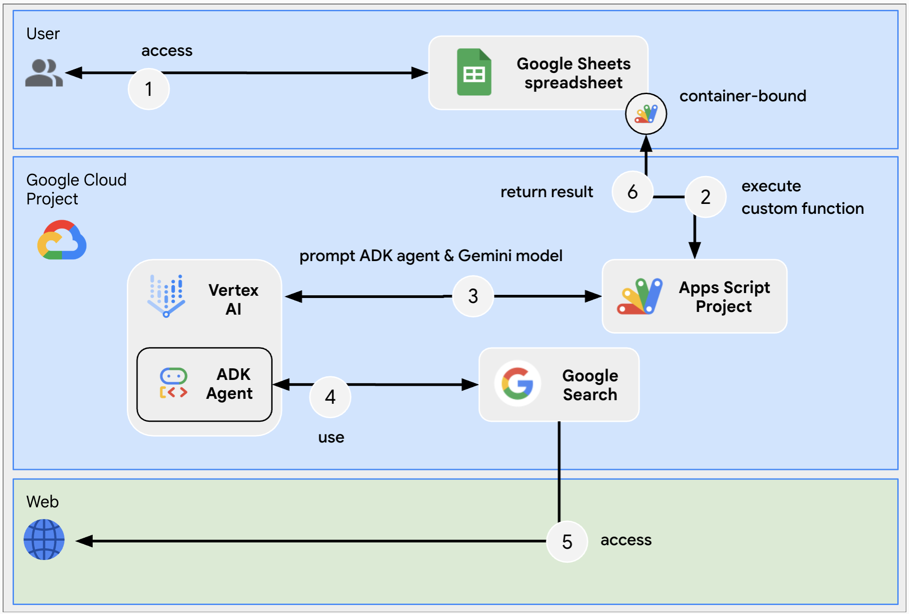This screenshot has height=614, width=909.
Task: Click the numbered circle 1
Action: point(148,89)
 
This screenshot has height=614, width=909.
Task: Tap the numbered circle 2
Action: point(705,197)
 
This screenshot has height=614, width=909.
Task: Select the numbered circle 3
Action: point(472,296)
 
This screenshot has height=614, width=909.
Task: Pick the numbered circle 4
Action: point(330,397)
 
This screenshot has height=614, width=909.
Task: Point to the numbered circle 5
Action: point(567,542)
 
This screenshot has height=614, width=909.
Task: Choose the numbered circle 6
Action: point(632,192)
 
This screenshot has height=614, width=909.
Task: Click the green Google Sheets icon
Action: point(474,72)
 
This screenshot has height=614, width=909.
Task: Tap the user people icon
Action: point(43,73)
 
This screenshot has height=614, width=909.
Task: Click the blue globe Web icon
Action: point(44,539)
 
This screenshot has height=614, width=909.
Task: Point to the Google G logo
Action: point(517,384)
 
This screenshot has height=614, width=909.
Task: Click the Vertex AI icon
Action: point(166,295)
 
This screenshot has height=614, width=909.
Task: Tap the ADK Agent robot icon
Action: point(173,384)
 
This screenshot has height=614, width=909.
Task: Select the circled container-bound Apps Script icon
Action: point(646,114)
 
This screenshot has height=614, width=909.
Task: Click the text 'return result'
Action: point(546,192)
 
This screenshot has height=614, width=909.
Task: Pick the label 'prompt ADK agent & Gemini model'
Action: point(431,256)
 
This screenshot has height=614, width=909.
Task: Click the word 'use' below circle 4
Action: point(331,437)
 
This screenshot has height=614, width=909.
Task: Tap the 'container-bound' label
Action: point(742,96)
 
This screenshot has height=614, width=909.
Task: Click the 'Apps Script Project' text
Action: point(724,297)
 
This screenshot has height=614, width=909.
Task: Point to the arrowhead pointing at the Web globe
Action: point(84,541)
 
